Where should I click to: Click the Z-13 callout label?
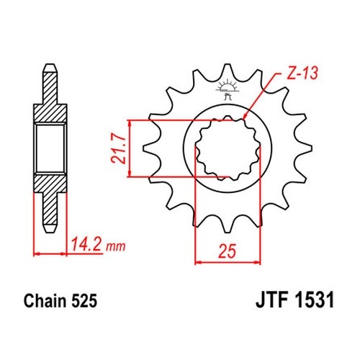point(302,73)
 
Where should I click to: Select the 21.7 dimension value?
point(119,149)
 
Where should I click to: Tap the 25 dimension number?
point(227,251)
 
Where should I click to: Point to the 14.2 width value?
point(86,244)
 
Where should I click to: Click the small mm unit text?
point(116,246)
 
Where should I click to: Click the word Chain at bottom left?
point(45,300)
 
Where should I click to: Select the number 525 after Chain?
point(84,301)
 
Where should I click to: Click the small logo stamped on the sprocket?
point(228,89)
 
